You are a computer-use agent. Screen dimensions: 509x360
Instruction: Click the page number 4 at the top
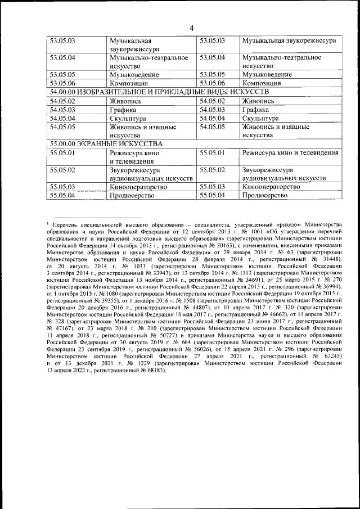click(191, 28)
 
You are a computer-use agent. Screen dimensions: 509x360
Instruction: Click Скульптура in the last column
click(260, 119)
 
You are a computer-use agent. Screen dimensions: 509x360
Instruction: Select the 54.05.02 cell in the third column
click(212, 101)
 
